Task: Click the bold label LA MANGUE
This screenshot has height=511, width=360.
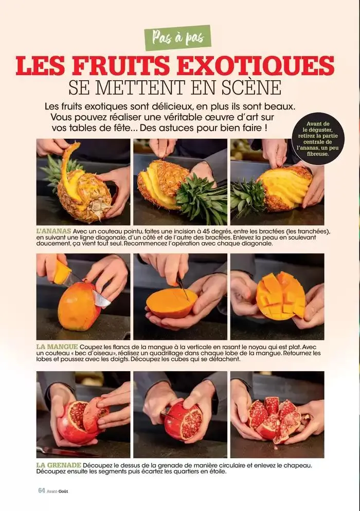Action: click(x=57, y=345)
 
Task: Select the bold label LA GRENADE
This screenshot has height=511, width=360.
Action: click(x=59, y=465)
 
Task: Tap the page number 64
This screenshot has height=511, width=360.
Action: click(x=41, y=491)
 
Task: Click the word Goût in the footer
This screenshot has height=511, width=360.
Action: click(x=62, y=491)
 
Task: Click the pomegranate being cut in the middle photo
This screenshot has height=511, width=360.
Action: click(x=183, y=421)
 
